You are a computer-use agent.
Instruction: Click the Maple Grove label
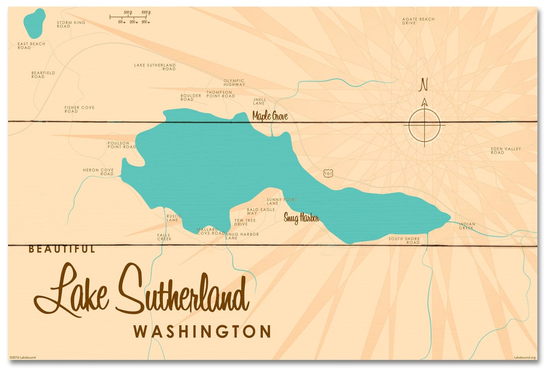(x=270, y=116)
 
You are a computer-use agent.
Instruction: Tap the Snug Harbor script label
(x=301, y=218)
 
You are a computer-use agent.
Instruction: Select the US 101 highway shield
(x=328, y=173)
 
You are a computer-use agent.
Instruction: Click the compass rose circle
(x=424, y=125)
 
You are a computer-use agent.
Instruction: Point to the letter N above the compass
(x=424, y=85)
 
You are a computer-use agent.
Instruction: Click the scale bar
(x=130, y=17)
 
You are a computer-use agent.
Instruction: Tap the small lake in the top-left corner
(x=34, y=23)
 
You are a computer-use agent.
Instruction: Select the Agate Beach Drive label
(x=418, y=21)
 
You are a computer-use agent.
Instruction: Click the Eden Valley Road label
(x=505, y=151)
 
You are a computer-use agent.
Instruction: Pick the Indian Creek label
(x=466, y=226)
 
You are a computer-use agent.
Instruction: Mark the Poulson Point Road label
(x=121, y=145)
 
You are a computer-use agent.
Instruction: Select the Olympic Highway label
(x=234, y=83)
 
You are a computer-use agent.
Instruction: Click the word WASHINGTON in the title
(x=202, y=332)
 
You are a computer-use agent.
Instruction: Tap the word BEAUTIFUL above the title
(x=61, y=249)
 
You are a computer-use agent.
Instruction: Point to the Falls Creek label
(x=164, y=237)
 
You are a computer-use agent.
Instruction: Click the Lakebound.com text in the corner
(x=524, y=357)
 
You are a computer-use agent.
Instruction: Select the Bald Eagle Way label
(x=260, y=211)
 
